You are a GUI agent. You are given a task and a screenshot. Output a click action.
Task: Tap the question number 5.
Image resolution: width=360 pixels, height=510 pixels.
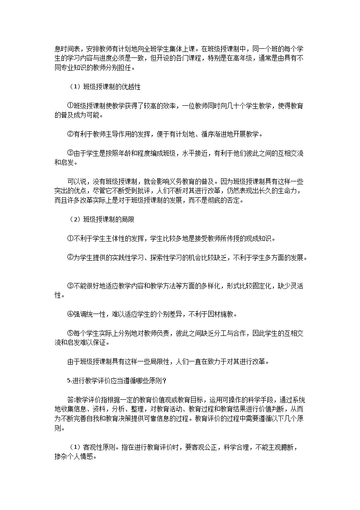click(x=68, y=381)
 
